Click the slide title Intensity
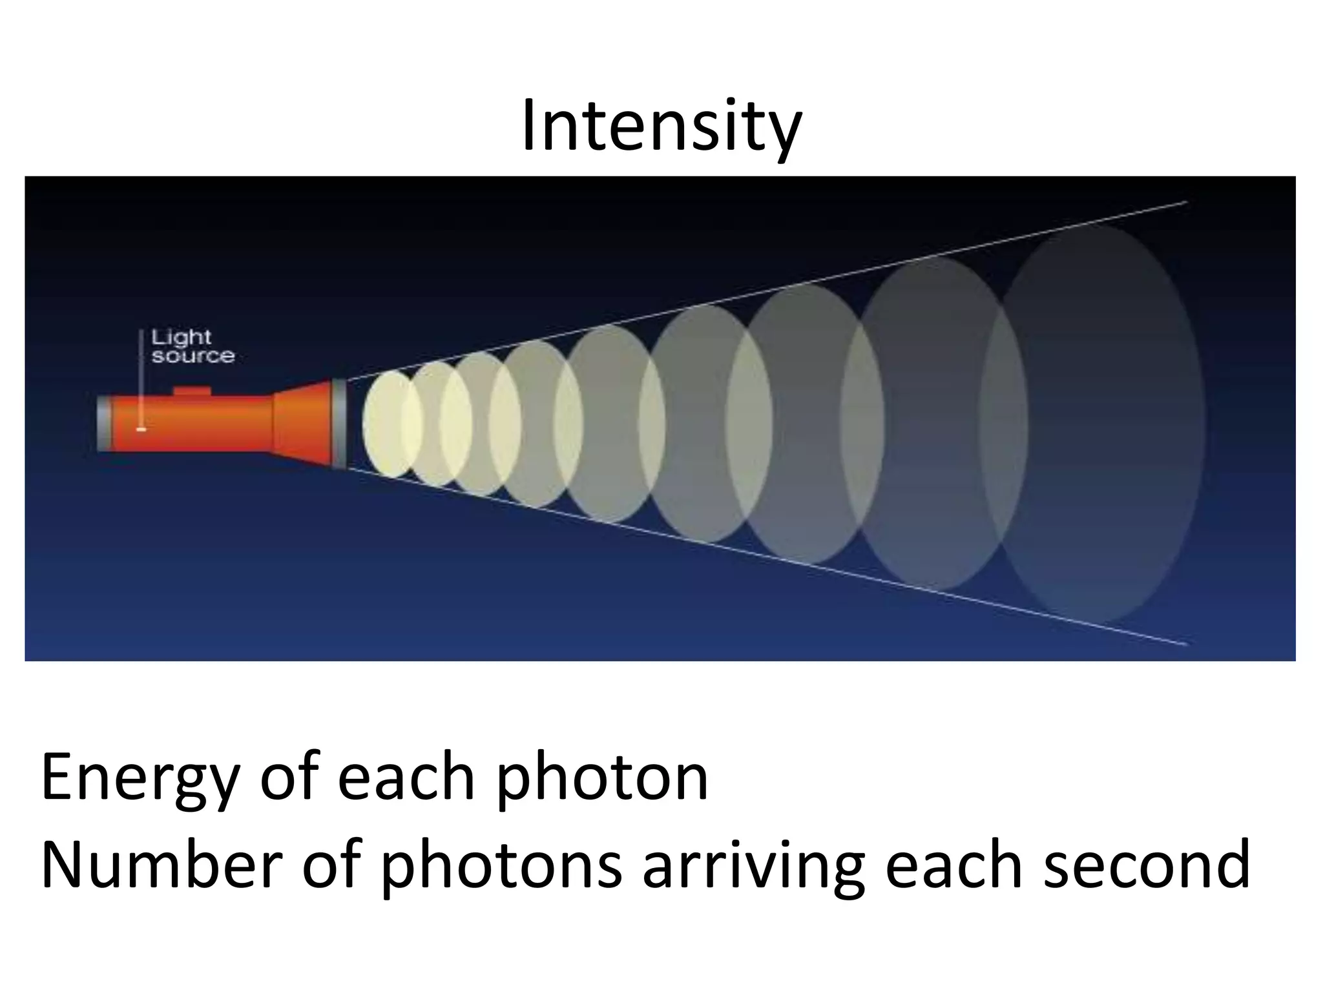click(661, 127)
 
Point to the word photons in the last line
click(501, 867)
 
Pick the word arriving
click(753, 867)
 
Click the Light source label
click(193, 347)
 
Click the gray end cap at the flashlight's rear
click(104, 424)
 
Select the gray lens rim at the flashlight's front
click(339, 423)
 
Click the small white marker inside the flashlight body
click(141, 429)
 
